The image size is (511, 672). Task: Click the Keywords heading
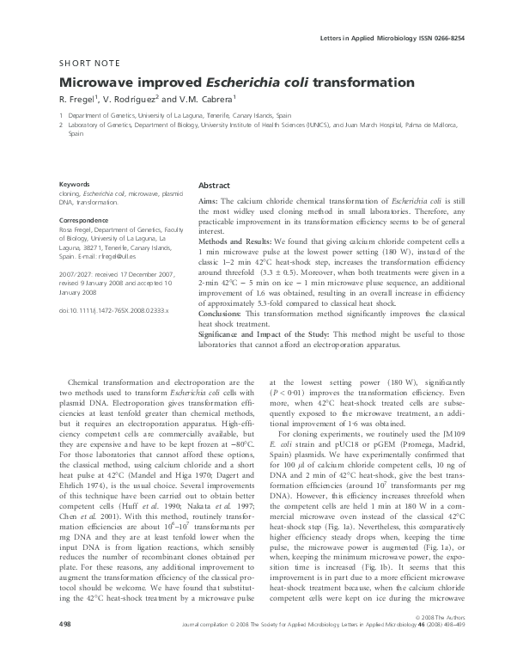[x=74, y=185]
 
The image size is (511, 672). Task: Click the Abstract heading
[x=215, y=186]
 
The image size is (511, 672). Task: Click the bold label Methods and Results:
[x=236, y=245]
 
